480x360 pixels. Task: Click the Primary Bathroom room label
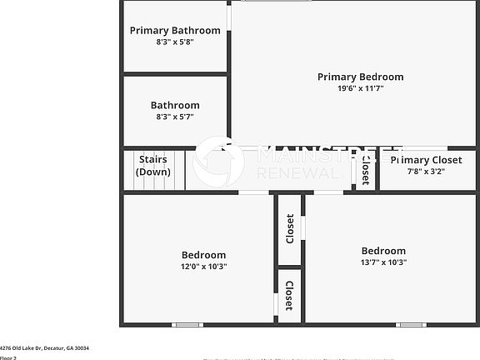click(x=175, y=31)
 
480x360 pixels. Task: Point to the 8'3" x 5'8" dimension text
click(x=175, y=42)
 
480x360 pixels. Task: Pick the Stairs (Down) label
click(x=153, y=165)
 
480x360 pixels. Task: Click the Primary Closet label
click(x=426, y=160)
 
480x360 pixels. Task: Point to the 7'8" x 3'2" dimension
click(x=426, y=171)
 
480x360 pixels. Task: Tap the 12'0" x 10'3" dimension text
click(x=204, y=267)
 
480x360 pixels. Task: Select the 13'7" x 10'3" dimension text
click(x=383, y=262)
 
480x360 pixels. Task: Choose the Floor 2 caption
click(x=8, y=357)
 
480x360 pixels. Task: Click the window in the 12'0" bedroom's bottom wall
click(x=187, y=324)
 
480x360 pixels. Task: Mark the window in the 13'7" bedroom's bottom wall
click(x=412, y=324)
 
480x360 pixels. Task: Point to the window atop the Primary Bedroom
click(x=276, y=1)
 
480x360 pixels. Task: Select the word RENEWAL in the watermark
click(x=299, y=172)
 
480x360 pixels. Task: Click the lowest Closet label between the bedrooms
click(x=289, y=296)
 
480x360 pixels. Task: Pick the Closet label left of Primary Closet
click(x=365, y=169)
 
